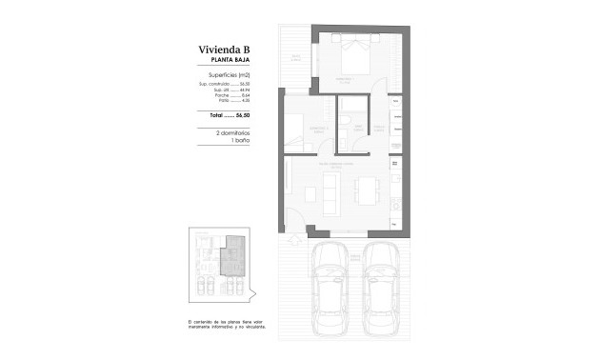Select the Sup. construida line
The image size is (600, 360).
click(x=224, y=84)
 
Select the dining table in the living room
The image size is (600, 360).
click(x=366, y=190)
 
